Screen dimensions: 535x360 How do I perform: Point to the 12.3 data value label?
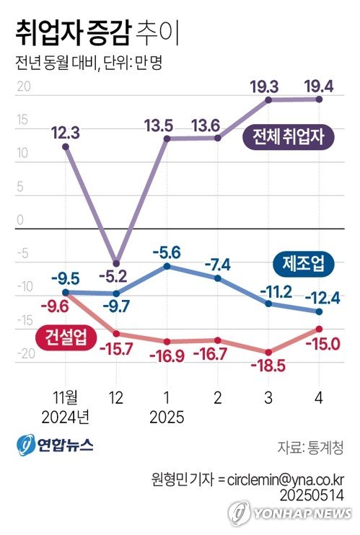click(66, 132)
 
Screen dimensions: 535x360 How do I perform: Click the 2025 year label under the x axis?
click(167, 417)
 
